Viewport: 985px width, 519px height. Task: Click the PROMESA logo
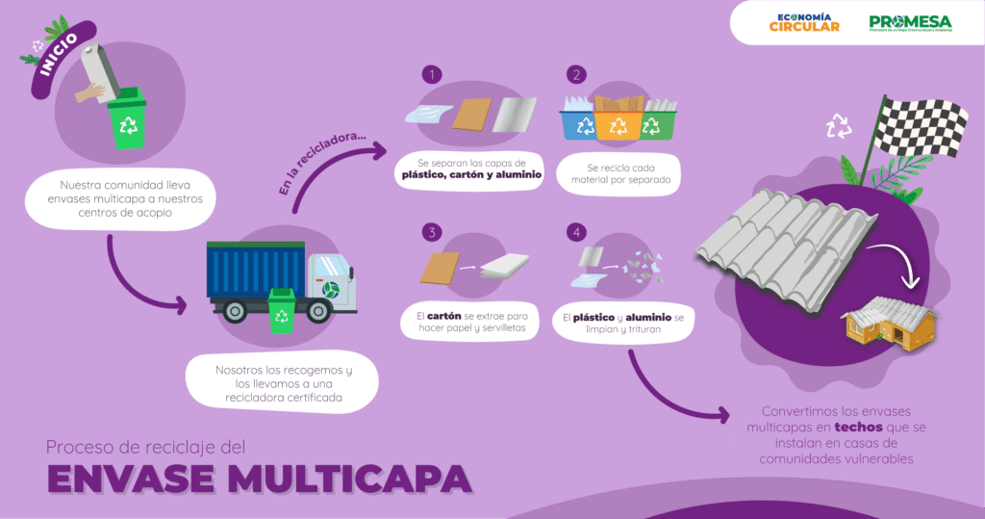(911, 23)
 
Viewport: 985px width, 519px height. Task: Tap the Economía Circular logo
(804, 23)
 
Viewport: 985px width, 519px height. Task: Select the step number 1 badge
(434, 74)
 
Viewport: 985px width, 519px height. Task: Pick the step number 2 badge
(576, 74)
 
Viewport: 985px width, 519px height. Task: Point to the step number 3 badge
(434, 232)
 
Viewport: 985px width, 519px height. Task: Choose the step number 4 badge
(576, 232)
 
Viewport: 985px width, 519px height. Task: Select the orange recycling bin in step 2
(617, 126)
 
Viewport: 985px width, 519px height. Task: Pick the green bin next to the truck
(282, 309)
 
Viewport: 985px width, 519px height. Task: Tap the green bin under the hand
(127, 122)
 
